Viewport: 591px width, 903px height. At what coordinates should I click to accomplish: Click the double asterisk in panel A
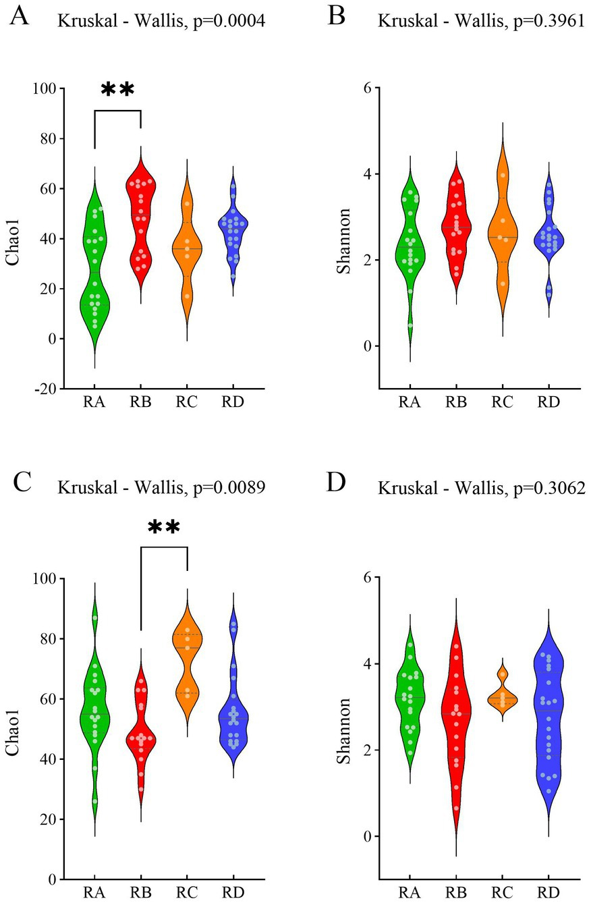[x=118, y=90]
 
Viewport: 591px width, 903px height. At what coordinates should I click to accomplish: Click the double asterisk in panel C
[x=164, y=527]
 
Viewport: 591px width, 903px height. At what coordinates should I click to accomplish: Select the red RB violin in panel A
[x=141, y=223]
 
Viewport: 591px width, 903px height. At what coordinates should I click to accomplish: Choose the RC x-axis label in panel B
[x=502, y=403]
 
